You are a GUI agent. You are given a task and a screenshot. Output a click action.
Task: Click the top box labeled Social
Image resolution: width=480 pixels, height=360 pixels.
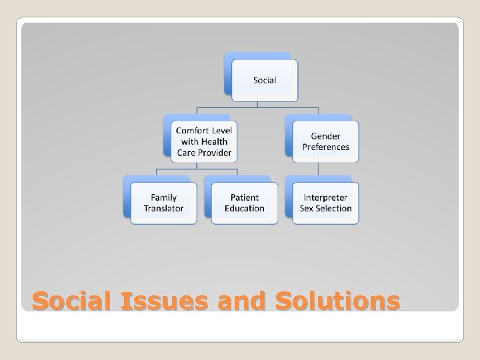pos(264,80)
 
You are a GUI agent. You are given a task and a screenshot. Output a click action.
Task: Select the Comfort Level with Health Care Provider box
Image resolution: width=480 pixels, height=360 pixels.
pos(204,141)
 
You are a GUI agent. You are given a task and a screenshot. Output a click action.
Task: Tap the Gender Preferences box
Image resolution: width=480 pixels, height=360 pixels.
pos(325,141)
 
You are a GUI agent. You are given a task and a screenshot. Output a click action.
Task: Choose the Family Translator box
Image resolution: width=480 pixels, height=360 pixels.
pos(163,203)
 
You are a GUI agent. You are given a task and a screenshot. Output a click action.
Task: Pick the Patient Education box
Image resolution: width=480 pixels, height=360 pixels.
pos(244,203)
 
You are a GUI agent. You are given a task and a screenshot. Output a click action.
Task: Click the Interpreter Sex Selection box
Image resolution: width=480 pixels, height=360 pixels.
pos(325,203)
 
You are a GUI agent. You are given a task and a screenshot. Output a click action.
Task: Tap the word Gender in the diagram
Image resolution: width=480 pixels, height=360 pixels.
pos(325,136)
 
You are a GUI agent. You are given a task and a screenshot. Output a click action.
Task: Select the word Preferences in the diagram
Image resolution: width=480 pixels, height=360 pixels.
pos(325,147)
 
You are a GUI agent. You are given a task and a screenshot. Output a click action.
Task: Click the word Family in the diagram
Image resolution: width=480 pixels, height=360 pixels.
pos(163,197)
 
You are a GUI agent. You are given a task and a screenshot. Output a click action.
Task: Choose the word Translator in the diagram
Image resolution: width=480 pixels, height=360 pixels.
pos(163,209)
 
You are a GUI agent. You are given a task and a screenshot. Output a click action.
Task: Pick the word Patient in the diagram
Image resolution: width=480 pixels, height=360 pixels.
pos(244,197)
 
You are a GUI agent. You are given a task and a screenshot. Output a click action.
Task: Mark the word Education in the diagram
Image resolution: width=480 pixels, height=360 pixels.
pos(244,209)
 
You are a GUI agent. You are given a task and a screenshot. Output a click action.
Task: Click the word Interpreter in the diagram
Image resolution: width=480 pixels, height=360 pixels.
pos(325,197)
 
